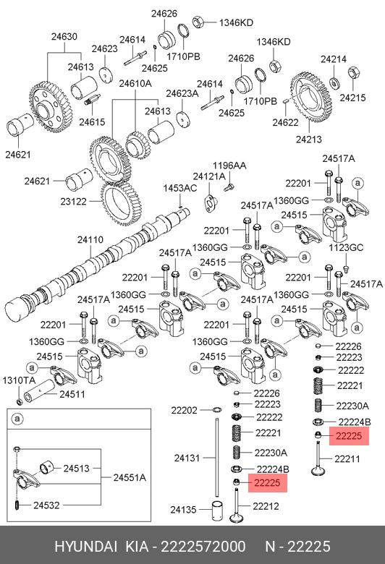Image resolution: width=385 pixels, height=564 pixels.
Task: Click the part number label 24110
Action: (x=90, y=239)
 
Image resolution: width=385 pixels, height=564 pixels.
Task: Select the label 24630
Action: (x=64, y=36)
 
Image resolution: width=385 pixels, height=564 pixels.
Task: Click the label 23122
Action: (x=74, y=202)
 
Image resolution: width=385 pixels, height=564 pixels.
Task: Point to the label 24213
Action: (x=308, y=140)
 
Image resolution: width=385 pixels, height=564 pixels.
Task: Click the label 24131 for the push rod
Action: (x=187, y=458)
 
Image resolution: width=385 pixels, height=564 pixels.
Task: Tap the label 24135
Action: (x=183, y=510)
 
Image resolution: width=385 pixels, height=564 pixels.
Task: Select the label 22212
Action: (x=266, y=506)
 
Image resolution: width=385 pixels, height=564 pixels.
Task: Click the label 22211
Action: (x=347, y=458)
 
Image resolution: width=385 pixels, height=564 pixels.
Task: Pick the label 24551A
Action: (x=130, y=478)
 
